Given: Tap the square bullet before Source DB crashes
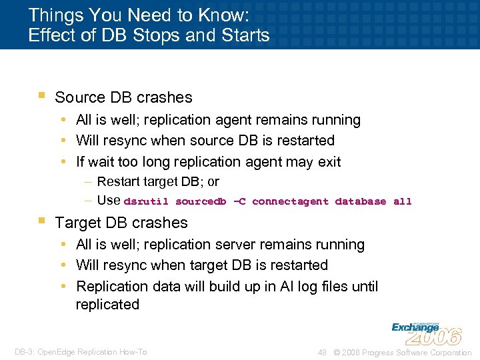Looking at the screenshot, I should tap(41, 95).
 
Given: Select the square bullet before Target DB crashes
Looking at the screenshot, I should tap(41, 221).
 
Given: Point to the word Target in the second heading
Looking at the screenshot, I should tap(77, 223).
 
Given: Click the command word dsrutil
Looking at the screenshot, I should tap(146, 201).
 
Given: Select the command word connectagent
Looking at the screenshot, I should tap(290, 201).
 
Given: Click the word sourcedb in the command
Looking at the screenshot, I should tap(201, 201).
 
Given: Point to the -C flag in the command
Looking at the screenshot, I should tap(239, 201).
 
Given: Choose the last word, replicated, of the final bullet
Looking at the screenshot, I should tap(107, 305).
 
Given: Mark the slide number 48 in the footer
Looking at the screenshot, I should tap(321, 352).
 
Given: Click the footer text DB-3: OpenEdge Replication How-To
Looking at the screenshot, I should tap(81, 352).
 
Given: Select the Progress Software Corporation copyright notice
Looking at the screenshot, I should tap(403, 352).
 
